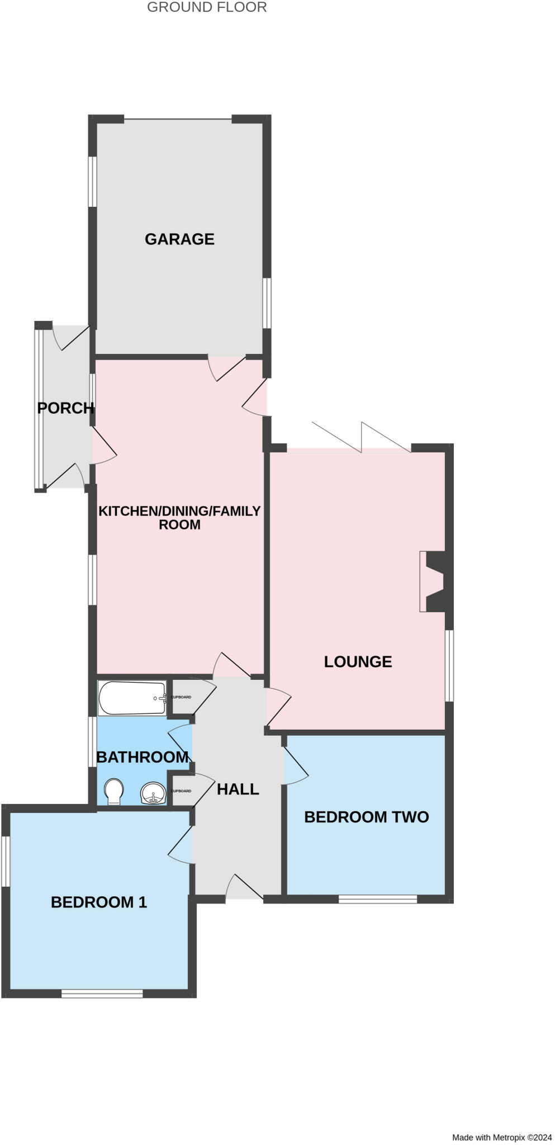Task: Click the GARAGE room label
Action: tap(179, 239)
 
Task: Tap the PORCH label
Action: tap(65, 408)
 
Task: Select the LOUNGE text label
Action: tap(358, 661)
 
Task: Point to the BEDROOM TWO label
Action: tap(366, 817)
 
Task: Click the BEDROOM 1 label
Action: tap(99, 902)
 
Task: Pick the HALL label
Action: tap(238, 789)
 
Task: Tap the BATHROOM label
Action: tap(142, 757)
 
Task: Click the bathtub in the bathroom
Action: tap(132, 698)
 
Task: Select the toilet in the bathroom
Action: tap(114, 792)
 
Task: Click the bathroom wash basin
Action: tap(153, 793)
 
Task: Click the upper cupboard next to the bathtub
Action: tap(181, 697)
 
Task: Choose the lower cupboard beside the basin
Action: tap(181, 791)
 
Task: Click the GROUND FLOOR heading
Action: tap(207, 7)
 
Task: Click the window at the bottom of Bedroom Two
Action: tap(378, 899)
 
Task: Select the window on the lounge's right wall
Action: tap(449, 665)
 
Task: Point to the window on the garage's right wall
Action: tap(267, 303)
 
